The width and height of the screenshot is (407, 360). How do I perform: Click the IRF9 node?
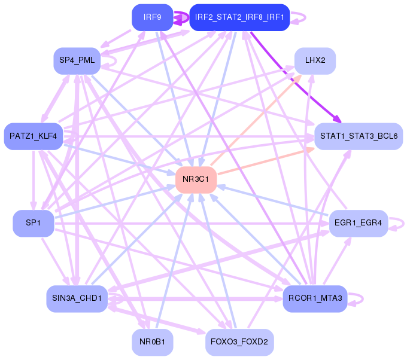[x=152, y=17]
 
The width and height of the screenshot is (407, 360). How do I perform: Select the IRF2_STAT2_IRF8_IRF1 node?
[x=239, y=17]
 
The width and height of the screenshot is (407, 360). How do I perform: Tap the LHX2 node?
[x=315, y=61]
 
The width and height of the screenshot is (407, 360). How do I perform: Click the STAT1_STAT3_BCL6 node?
[x=359, y=136]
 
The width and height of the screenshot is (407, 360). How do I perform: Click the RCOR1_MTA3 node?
[x=315, y=298]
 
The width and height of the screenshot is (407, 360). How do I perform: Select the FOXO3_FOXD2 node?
[x=239, y=343]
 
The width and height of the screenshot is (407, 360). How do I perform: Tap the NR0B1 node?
[x=152, y=343]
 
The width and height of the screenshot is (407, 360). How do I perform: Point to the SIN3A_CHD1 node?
[x=77, y=298]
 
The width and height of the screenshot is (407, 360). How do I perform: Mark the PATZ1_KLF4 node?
[x=33, y=136]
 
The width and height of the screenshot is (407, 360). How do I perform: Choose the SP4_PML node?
[x=77, y=61]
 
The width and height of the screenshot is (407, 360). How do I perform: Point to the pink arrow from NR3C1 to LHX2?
[x=257, y=120]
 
